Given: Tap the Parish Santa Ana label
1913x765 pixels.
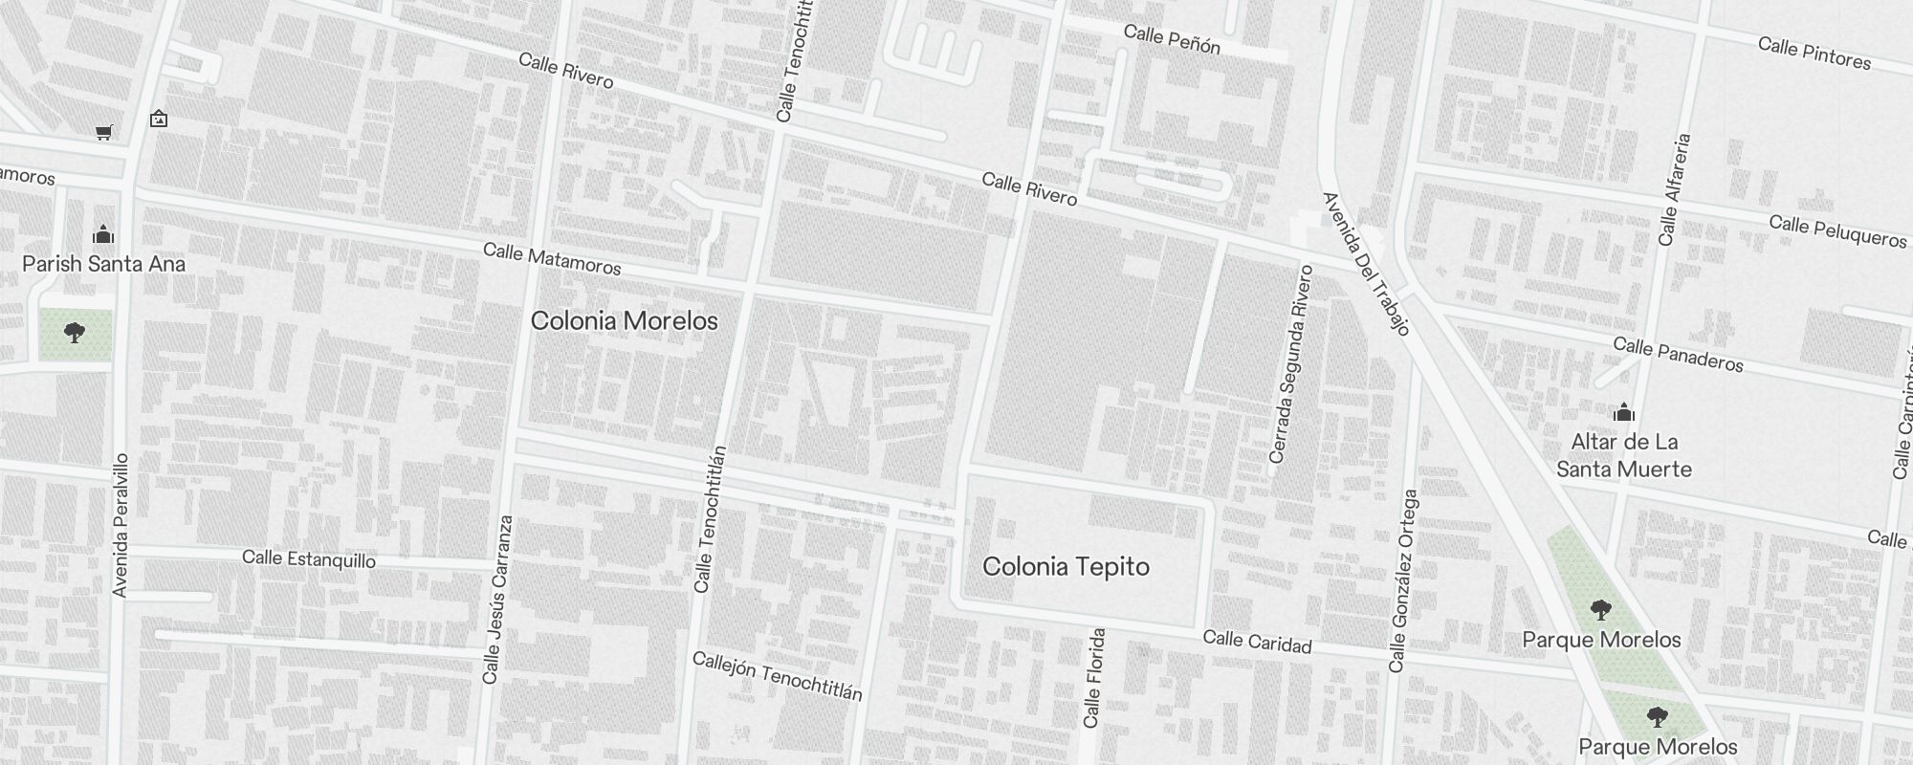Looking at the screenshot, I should [103, 264].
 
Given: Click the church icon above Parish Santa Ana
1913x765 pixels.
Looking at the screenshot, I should [103, 234].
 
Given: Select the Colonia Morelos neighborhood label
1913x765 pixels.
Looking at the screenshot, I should [624, 321].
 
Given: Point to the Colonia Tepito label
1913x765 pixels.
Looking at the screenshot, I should [1066, 567].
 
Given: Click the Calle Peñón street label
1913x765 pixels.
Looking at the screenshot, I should [1172, 39].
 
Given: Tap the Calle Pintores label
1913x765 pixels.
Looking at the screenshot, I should [1814, 54].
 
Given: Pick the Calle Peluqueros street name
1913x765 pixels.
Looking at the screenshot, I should [1837, 230].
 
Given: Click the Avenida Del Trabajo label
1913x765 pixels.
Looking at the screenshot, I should [1366, 264].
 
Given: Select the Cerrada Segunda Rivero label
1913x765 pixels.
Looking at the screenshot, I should [1290, 364].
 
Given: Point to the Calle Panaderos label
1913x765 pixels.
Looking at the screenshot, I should [1678, 354].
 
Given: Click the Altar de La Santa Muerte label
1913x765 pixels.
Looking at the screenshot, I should [1624, 455].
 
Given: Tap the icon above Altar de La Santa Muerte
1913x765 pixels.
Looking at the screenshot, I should [1624, 413].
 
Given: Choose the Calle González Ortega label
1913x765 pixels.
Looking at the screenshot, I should [1403, 580].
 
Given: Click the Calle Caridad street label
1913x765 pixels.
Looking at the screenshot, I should [1257, 642].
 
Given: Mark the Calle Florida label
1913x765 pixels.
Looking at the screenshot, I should [1094, 678].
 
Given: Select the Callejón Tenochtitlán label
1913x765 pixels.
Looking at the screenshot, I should [777, 676].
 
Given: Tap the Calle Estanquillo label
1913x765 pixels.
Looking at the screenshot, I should [309, 558].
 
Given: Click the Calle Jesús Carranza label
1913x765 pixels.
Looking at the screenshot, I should [498, 600].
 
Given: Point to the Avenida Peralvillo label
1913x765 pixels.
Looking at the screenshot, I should [121, 525].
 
